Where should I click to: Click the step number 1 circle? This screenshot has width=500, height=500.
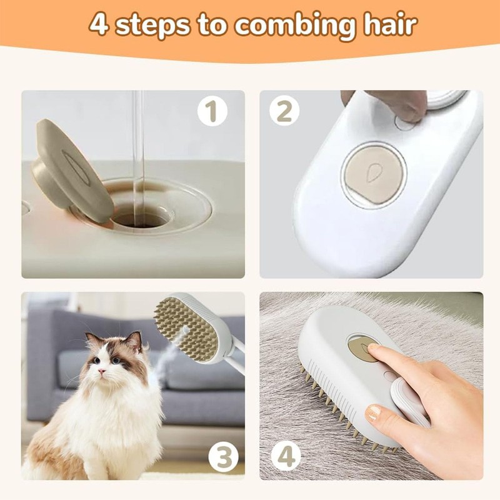point(212,112)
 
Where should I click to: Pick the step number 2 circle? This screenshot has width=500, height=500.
point(284,112)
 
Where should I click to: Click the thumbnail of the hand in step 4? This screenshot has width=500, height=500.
point(373,413)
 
